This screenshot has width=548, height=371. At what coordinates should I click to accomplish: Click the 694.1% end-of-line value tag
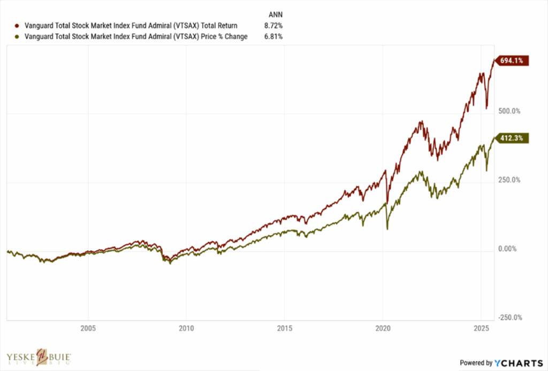click(x=513, y=61)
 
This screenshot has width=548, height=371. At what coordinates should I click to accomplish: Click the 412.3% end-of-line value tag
click(x=513, y=138)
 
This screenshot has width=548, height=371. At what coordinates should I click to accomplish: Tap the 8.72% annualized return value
click(x=273, y=26)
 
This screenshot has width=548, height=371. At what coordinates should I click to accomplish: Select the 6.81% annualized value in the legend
click(x=273, y=37)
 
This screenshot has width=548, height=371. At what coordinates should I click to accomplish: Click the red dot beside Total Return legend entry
click(x=18, y=26)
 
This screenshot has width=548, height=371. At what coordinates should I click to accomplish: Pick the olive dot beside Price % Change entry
click(x=18, y=37)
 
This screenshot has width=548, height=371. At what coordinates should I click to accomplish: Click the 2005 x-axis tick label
click(x=88, y=328)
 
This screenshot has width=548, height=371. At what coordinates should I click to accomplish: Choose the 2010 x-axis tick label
click(x=186, y=328)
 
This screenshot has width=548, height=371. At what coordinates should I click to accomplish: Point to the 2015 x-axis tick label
click(x=284, y=328)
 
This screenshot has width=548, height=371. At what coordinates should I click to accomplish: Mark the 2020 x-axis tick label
click(x=383, y=328)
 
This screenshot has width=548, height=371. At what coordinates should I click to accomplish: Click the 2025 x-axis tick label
click(x=481, y=328)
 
